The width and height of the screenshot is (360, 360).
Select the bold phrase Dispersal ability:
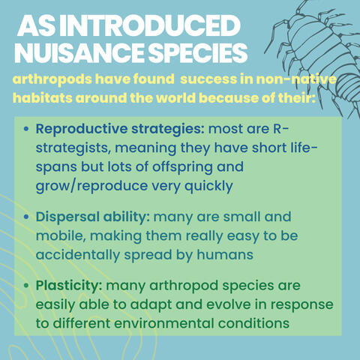pyautogui.click(x=92, y=217)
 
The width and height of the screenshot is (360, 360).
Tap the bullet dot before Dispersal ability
pyautogui.click(x=28, y=217)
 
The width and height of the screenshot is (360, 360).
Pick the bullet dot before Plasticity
pyautogui.click(x=28, y=287)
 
